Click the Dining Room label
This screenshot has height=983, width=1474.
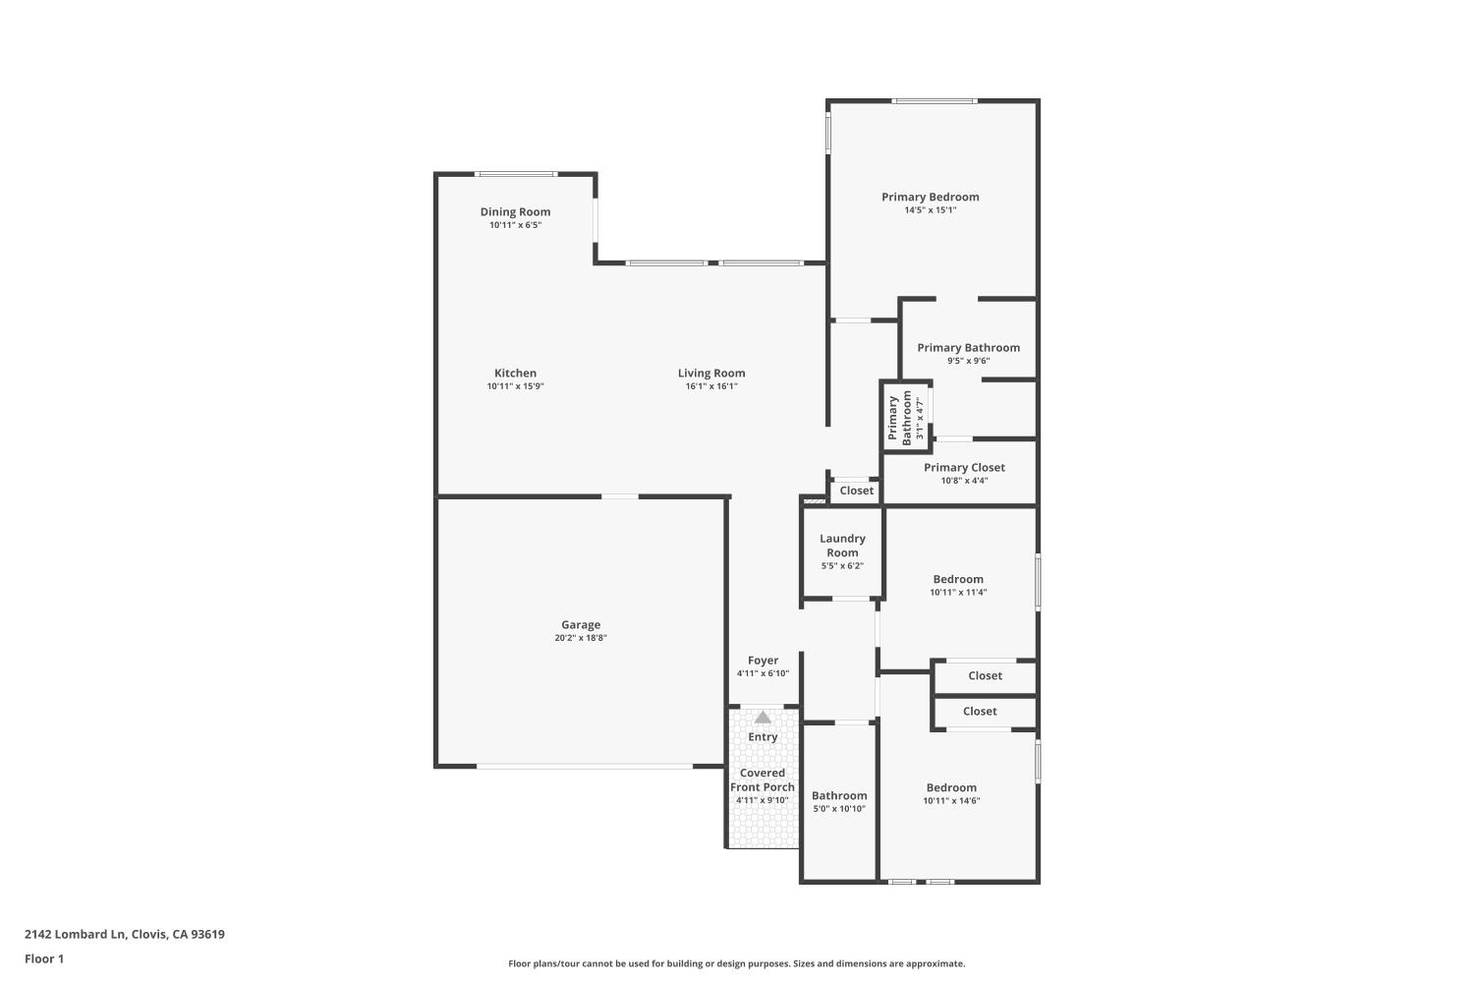tap(515, 211)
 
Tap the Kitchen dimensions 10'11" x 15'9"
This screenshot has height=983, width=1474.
tap(515, 386)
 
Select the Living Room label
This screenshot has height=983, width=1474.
tap(711, 373)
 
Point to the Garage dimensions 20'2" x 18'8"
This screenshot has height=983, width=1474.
tap(581, 638)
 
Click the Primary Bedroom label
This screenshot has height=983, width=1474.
tap(930, 197)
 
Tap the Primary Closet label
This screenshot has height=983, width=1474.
tap(964, 468)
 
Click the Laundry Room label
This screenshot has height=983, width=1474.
tap(842, 546)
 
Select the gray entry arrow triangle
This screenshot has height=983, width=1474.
tap(763, 717)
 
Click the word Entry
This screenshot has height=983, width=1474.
tap(763, 736)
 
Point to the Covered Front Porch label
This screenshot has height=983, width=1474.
tap(763, 780)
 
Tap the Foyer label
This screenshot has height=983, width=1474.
tap(763, 661)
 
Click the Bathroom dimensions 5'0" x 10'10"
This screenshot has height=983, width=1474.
tap(839, 809)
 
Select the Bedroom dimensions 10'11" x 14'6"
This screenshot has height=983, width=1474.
tap(951, 800)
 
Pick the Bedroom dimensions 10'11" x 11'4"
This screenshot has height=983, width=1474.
tap(958, 592)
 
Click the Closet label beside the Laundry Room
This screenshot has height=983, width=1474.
tap(856, 491)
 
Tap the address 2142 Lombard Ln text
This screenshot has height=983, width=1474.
tap(125, 934)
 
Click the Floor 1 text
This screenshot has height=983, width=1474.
tap(44, 958)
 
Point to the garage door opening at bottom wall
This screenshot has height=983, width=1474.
tap(585, 766)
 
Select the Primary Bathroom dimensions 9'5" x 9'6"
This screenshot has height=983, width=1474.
tap(968, 361)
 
